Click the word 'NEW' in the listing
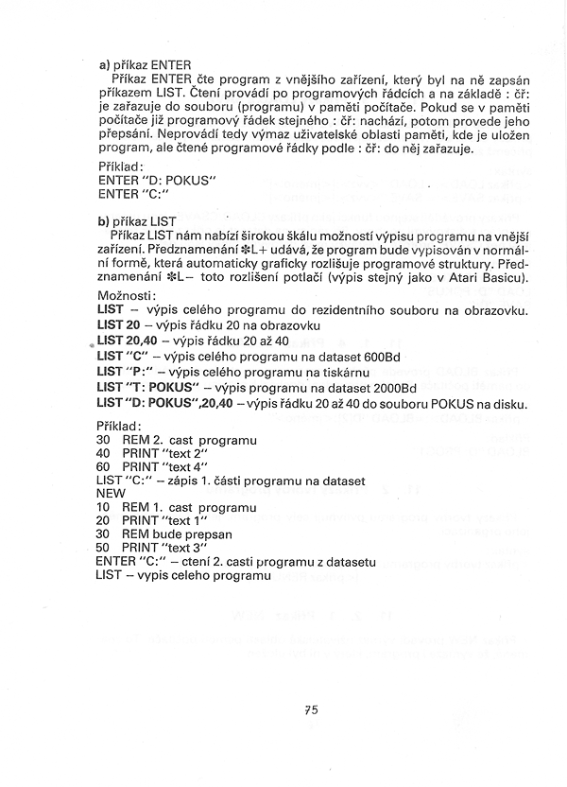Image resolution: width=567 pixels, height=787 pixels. [x=112, y=493]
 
